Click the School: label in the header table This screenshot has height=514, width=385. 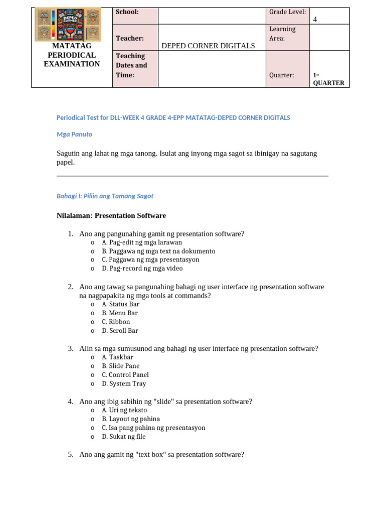(127, 12)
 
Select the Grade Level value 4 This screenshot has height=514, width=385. (315, 20)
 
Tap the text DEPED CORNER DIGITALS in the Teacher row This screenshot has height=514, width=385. (208, 46)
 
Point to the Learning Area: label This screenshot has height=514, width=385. (282, 34)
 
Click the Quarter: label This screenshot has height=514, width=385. (281, 75)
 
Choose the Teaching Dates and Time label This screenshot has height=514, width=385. (131, 65)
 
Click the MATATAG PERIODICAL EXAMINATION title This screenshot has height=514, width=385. (72, 55)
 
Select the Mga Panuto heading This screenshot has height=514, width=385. (74, 135)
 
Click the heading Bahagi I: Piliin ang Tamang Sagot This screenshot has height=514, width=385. (105, 196)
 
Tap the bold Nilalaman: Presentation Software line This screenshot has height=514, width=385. (111, 216)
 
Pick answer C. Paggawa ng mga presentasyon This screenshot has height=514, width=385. (150, 260)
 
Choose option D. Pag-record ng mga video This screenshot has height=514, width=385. (142, 269)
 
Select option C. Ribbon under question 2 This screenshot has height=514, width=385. (116, 322)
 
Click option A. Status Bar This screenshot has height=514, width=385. (120, 304)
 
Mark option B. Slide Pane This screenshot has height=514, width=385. (120, 366)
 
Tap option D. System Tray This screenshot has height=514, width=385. (124, 383)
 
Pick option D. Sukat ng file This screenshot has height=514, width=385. (123, 437)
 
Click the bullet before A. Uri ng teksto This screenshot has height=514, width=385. (92, 411)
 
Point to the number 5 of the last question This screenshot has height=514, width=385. (70, 455)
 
